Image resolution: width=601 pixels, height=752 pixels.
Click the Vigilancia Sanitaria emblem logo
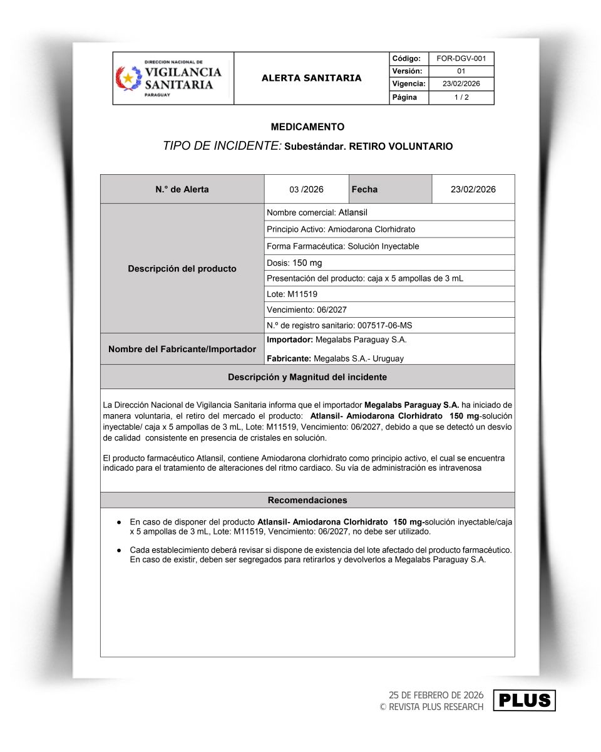(x=129, y=78)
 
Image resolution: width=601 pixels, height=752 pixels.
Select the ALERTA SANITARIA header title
(x=311, y=78)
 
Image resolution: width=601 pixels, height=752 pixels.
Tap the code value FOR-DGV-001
(x=461, y=58)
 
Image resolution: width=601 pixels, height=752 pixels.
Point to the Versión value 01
(x=461, y=71)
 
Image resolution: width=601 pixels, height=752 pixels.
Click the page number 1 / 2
(x=461, y=98)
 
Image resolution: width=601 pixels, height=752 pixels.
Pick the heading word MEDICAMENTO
(x=307, y=127)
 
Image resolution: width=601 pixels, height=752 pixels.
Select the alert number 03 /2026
(x=306, y=189)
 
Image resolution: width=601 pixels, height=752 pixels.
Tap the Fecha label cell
(x=365, y=189)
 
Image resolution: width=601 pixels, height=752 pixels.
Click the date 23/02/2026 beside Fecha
(x=473, y=189)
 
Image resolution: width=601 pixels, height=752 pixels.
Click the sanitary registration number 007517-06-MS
(x=384, y=325)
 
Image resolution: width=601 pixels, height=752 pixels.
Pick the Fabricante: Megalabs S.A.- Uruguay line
(x=335, y=359)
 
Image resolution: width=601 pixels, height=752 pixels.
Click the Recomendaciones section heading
(x=307, y=500)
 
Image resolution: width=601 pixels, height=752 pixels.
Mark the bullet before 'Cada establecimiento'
(x=119, y=550)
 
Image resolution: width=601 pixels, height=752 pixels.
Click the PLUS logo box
(x=524, y=700)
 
